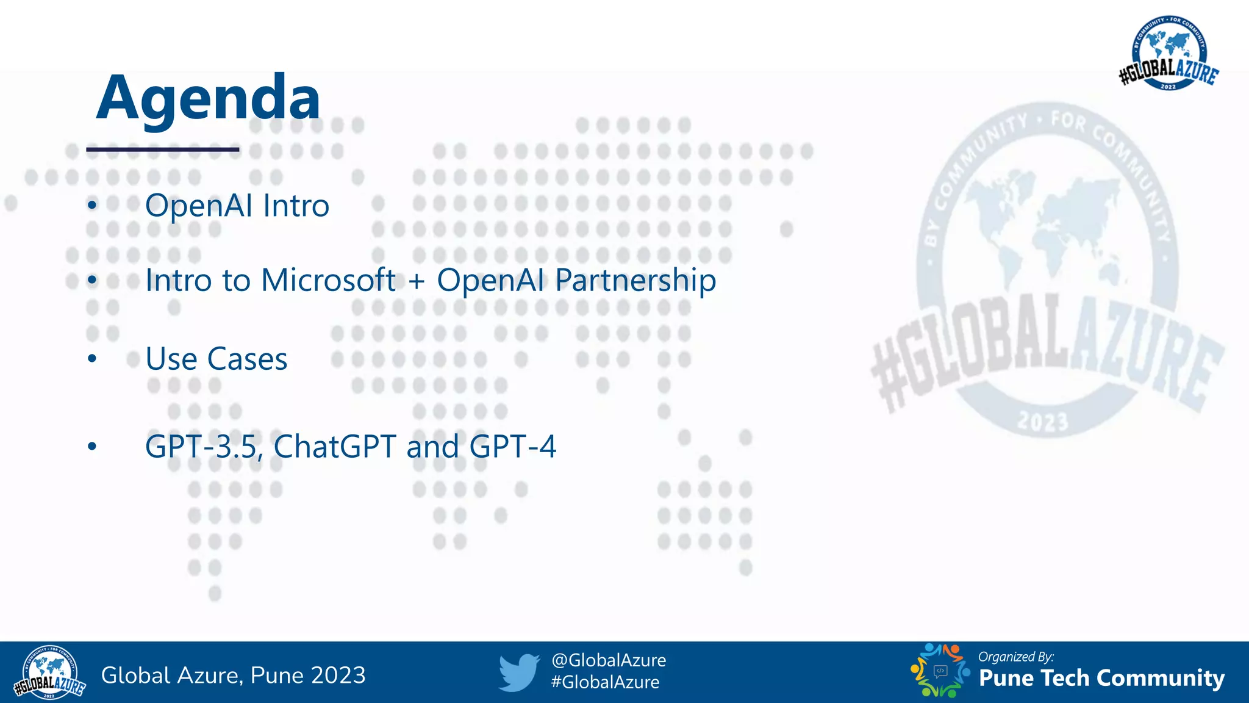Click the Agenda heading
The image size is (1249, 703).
coord(208,98)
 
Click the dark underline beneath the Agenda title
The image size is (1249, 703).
coord(162,149)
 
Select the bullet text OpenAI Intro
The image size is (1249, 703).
coord(237,205)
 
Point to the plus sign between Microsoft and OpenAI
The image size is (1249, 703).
coord(417,281)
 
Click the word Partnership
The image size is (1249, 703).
coord(635,281)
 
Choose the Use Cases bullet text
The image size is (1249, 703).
coord(217,359)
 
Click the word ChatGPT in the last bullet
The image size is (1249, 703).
coord(335,446)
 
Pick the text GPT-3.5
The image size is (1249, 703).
coord(203,446)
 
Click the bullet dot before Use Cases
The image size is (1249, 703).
coord(92,359)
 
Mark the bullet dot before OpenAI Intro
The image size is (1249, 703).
coord(92,205)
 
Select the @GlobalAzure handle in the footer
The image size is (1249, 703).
coord(608,660)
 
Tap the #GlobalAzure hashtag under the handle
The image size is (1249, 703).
coord(604,682)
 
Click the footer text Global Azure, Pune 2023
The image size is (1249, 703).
coord(233,676)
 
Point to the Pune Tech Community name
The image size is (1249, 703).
coord(1101,678)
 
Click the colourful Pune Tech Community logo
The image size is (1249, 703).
coord(940,671)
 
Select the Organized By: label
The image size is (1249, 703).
coord(1015,657)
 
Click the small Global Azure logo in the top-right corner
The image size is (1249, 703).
coord(1168,54)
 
